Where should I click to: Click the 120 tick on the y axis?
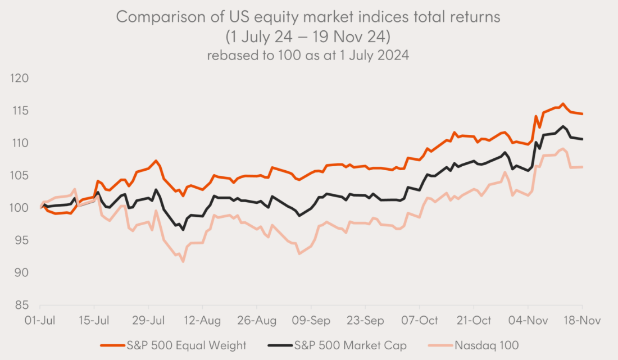coord(20,78)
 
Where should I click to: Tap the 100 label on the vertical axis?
coord(20,208)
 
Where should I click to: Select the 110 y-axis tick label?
coord(20,143)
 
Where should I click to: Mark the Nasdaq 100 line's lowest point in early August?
coord(183,262)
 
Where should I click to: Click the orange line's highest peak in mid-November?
coord(563,104)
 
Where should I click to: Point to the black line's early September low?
coord(299,215)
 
